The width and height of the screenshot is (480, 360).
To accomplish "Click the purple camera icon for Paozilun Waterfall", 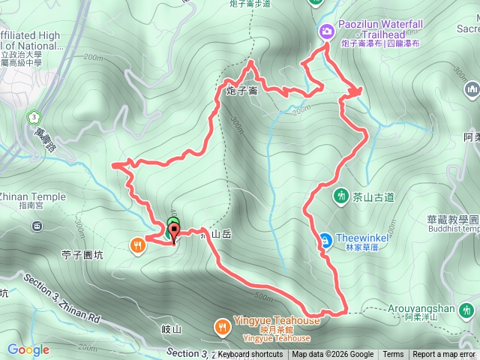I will [x=327, y=31].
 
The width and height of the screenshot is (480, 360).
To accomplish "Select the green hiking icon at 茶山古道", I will [x=341, y=196].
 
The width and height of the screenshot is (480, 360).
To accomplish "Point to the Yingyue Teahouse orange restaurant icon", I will [x=222, y=326].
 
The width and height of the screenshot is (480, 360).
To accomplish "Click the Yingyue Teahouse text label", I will [x=273, y=321].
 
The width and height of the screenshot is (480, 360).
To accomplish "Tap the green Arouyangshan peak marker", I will [x=468, y=309].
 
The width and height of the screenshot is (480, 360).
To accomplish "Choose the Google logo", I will [x=28, y=349].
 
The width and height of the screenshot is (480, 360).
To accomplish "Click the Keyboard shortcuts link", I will [x=250, y=355].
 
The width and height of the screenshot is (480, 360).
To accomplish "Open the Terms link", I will [x=393, y=355].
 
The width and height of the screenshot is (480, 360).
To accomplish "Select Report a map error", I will [x=445, y=355].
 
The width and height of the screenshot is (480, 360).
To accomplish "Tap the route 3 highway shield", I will [x=33, y=118].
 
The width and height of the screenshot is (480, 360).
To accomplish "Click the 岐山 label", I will [x=172, y=329].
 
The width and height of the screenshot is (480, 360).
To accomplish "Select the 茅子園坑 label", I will [x=82, y=255].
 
